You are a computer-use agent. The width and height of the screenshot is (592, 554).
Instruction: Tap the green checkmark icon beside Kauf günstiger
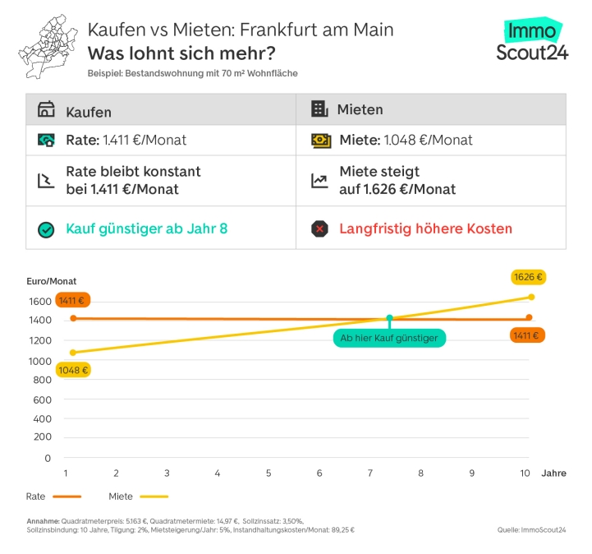(x=46, y=229)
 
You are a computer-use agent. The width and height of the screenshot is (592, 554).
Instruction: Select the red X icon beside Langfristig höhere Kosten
(x=320, y=229)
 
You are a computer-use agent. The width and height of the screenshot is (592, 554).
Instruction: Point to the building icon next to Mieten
(x=319, y=110)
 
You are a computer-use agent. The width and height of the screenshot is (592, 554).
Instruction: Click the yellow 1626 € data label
(x=528, y=277)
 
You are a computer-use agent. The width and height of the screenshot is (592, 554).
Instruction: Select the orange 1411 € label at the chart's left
(x=72, y=301)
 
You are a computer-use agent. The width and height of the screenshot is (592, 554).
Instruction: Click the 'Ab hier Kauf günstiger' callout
(x=389, y=338)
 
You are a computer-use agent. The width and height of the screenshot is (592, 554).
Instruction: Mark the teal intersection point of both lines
(x=389, y=318)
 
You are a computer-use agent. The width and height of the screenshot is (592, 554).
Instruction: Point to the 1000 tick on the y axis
(x=41, y=360)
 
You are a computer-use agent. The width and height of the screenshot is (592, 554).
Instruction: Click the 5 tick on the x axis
(x=268, y=473)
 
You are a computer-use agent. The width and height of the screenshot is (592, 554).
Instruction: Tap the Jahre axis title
(x=553, y=473)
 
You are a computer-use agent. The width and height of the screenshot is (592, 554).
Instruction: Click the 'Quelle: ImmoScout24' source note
(x=531, y=529)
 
